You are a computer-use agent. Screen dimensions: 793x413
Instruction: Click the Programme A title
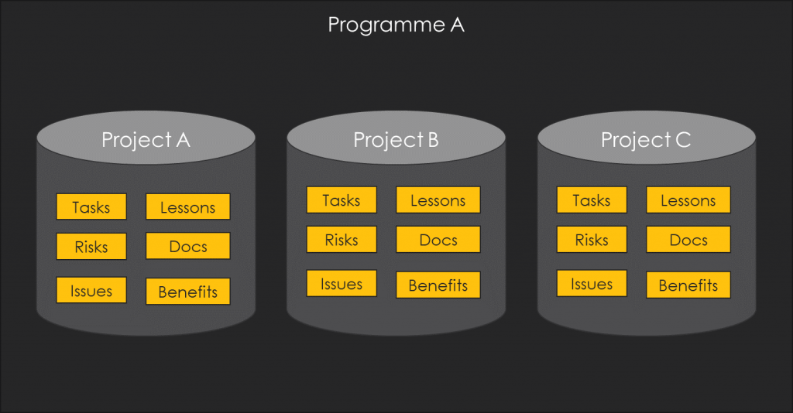396,25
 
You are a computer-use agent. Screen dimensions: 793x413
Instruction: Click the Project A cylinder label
146,140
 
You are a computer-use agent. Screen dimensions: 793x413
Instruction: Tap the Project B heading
396,140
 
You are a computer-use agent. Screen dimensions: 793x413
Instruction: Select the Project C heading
646,140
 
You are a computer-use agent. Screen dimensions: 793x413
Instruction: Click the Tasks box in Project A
91,206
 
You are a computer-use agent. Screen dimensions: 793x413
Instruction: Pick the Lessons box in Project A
187,206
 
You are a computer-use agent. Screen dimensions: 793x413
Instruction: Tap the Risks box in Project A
91,247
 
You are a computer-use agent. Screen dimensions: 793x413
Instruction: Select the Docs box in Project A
187,246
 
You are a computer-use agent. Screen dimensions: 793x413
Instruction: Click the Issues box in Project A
91,290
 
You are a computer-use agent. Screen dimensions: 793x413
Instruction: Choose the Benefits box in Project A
187,292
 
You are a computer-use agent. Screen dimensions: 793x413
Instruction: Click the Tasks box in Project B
342,200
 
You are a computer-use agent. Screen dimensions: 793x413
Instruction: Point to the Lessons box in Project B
438,200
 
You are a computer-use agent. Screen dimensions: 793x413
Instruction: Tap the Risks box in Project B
342,239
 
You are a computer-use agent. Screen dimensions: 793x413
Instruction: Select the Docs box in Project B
438,239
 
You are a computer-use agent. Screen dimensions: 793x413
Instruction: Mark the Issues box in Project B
342,283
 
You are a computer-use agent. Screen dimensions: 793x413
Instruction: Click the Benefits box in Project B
438,285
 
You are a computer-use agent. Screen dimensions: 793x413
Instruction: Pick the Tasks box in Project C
592,200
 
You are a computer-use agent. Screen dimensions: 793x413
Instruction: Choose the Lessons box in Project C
688,200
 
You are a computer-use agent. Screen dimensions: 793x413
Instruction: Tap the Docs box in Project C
688,239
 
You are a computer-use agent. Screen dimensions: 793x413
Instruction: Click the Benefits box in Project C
688,285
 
